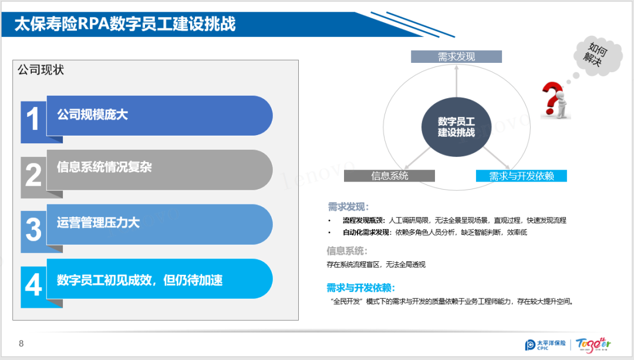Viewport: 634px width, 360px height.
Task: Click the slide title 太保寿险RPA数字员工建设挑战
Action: coord(124,24)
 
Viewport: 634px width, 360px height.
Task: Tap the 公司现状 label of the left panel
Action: coord(41,70)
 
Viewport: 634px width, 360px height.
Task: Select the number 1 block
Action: coord(33,119)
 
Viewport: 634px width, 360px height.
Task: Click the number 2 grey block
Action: coord(33,174)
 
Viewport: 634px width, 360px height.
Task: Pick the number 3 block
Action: coord(33,229)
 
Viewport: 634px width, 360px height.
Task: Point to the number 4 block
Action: coord(33,284)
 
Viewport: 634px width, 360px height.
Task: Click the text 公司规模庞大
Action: coord(92,115)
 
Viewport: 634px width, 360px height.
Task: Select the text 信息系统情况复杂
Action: coord(104,167)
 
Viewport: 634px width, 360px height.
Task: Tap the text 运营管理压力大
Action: coord(98,223)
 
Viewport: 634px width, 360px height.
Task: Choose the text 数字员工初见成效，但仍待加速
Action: coord(140,280)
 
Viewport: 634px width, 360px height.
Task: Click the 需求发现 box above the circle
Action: coord(456,56)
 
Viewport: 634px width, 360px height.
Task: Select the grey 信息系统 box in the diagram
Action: coord(389,176)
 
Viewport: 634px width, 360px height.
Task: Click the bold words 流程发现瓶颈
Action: coord(364,220)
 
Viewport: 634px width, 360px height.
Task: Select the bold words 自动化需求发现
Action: coord(367,232)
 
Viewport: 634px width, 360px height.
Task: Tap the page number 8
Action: coord(21,344)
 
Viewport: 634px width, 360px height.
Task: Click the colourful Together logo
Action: coord(593,343)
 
